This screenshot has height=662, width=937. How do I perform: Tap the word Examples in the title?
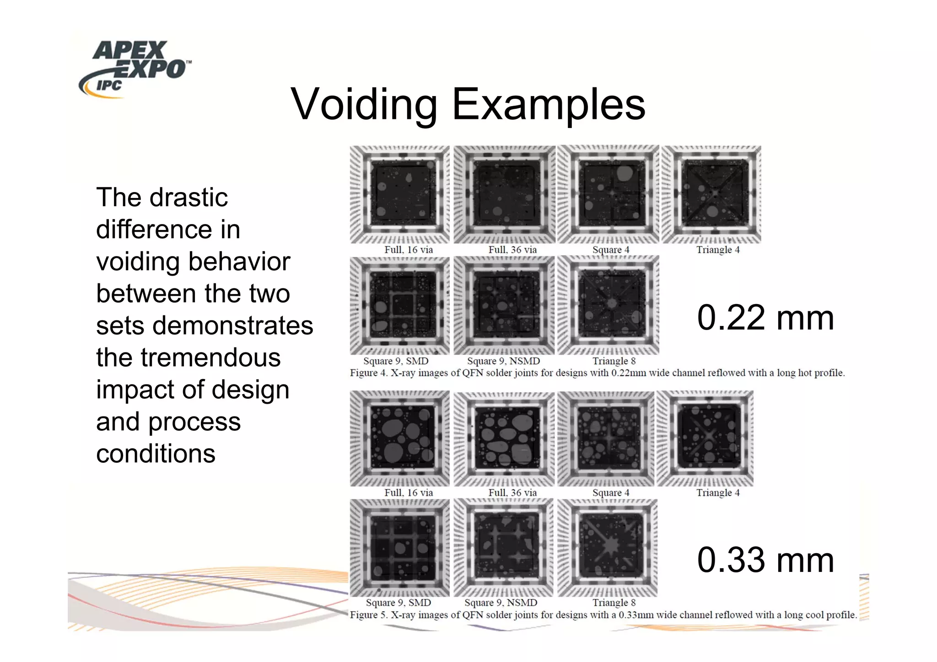549,105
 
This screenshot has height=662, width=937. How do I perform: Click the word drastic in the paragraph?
188,198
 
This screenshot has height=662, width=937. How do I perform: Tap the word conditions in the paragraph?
156,454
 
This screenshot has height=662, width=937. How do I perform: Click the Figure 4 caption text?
597,373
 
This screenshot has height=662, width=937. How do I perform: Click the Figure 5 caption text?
603,615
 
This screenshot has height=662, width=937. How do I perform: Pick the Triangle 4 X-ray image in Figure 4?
711,194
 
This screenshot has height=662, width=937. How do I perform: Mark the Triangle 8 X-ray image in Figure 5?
608,548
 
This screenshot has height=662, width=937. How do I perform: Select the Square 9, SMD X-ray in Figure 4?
400,305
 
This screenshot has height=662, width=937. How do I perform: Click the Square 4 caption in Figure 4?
611,250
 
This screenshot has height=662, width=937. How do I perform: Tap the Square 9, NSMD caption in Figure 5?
501,603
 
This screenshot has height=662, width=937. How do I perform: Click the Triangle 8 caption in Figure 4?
614,361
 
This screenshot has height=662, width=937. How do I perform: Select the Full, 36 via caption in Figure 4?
512,250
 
